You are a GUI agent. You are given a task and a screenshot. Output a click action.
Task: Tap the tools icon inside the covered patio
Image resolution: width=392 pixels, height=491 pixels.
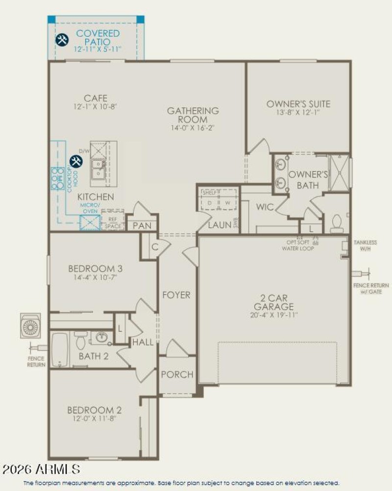pyautogui.click(x=62, y=40)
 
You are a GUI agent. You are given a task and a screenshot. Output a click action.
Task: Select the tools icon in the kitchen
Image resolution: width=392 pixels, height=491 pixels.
pyautogui.click(x=76, y=161)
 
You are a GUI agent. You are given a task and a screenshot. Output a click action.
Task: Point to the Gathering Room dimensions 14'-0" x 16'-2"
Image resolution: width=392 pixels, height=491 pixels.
pyautogui.click(x=193, y=128)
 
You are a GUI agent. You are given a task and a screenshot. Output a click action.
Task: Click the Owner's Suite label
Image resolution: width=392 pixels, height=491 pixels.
pyautogui.click(x=298, y=104)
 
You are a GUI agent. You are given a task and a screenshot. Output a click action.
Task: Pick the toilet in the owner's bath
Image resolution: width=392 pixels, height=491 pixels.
pyautogui.click(x=337, y=223)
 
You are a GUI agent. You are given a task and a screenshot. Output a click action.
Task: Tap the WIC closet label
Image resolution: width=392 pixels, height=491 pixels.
pyautogui.click(x=265, y=207)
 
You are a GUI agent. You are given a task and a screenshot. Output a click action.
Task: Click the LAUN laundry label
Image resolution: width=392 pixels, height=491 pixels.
pyautogui.click(x=219, y=225)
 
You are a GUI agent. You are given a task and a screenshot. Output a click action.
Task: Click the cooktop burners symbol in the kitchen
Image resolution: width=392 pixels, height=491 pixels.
pyautogui.click(x=57, y=179)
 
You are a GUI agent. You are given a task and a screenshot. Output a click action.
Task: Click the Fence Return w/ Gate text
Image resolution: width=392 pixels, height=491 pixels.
pyautogui.click(x=371, y=289)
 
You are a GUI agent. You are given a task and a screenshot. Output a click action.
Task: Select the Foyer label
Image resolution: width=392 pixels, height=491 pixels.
pyautogui.click(x=176, y=295)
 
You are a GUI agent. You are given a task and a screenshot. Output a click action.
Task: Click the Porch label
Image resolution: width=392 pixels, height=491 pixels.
pyautogui.click(x=177, y=374)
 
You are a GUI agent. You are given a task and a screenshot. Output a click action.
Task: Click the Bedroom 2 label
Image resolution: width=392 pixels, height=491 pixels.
pyautogui.click(x=95, y=410)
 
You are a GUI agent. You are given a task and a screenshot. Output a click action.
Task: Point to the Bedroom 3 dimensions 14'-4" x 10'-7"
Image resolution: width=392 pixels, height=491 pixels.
pyautogui.click(x=95, y=277)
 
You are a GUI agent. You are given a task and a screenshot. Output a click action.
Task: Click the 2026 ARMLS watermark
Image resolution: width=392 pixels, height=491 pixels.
pyautogui.click(x=41, y=469)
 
